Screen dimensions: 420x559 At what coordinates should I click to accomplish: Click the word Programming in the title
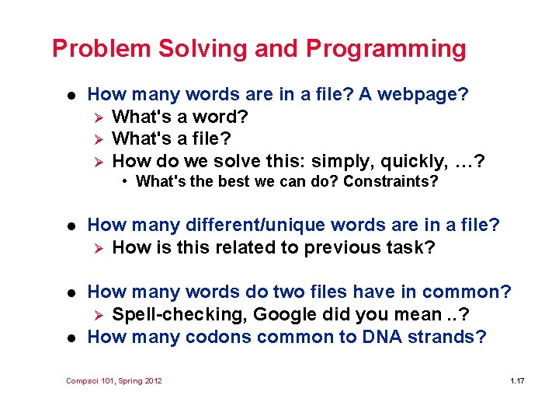pos(386,49)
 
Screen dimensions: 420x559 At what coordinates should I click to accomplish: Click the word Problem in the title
pos(101,49)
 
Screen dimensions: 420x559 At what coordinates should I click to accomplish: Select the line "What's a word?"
pos(180,117)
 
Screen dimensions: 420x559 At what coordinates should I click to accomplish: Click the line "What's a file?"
pos(172,138)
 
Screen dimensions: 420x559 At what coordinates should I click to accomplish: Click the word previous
pos(360,247)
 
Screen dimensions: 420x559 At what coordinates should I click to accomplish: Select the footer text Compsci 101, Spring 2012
pos(114,380)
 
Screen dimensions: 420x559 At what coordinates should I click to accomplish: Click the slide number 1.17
pos(517,380)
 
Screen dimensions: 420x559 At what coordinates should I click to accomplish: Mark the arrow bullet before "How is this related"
pos(98,248)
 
